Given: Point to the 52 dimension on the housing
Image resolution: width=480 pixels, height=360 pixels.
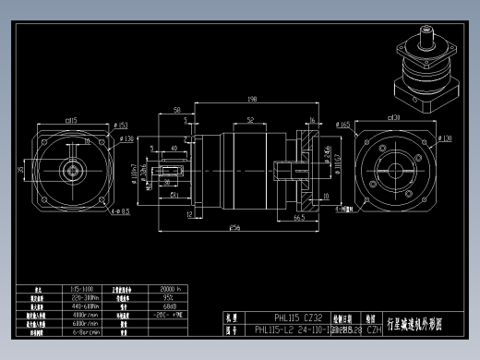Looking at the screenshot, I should [250, 119].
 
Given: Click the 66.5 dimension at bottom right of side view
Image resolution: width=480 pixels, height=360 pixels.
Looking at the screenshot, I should [300, 219].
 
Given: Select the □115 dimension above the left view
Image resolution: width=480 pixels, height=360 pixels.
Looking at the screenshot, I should [70, 119].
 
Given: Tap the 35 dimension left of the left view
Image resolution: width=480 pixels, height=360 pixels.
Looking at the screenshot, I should [21, 170].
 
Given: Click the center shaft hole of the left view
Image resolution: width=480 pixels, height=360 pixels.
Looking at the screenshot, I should [70, 170].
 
